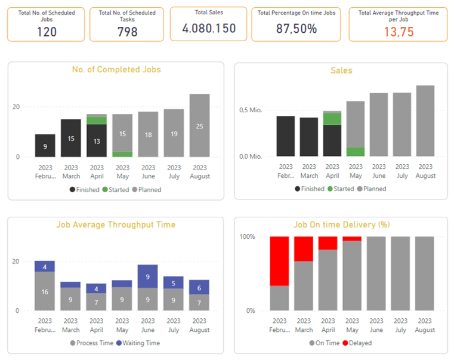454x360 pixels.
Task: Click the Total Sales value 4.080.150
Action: (x=208, y=28)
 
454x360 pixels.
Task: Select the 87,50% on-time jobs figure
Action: (x=296, y=29)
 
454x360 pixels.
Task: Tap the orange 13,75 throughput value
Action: (x=398, y=32)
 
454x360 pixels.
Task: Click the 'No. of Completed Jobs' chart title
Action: (x=116, y=69)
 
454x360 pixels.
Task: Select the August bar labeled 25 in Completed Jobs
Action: (x=199, y=125)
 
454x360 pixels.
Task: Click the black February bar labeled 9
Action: (x=45, y=146)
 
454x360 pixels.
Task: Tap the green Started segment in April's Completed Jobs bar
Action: (x=97, y=120)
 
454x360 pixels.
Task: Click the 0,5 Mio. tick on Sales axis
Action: (x=251, y=110)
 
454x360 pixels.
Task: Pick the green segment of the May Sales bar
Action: (x=356, y=152)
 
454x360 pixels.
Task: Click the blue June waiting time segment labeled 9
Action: (x=147, y=276)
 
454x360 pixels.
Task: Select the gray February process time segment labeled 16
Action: (x=45, y=291)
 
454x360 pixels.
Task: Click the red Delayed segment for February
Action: (x=279, y=261)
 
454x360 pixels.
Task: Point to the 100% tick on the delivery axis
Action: (x=247, y=236)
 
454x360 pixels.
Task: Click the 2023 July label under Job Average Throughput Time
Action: (x=174, y=326)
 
